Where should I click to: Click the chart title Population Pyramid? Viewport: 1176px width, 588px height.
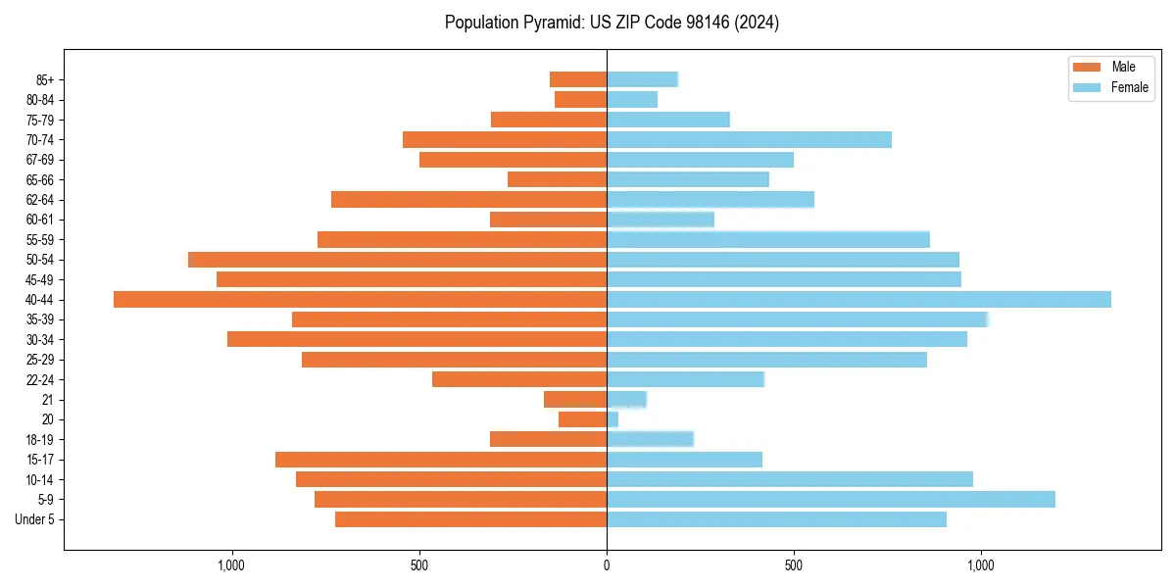tap(612, 23)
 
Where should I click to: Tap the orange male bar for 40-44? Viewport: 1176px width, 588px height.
tap(360, 299)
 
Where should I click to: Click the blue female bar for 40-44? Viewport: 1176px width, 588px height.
tap(858, 299)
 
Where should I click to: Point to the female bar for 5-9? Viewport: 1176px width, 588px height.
tap(830, 499)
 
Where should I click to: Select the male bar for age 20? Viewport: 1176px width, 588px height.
tap(582, 419)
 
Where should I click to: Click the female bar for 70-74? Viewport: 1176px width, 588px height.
tap(749, 139)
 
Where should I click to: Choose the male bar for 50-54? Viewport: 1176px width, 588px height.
tap(397, 260)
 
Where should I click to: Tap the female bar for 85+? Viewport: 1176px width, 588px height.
tap(642, 79)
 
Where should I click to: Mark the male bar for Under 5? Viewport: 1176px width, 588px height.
tap(470, 519)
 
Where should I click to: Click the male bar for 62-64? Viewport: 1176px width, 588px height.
tap(468, 199)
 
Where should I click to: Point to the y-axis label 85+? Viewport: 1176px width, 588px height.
tap(44, 79)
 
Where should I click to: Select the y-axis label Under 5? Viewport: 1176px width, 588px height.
tap(35, 519)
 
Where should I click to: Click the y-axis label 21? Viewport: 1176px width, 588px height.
tap(48, 400)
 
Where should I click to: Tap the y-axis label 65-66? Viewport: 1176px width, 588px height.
tap(39, 179)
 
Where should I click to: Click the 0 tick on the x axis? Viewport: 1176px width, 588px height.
tap(607, 565)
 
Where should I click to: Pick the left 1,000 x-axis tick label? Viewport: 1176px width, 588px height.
tap(231, 565)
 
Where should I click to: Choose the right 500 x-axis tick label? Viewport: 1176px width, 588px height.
tap(794, 565)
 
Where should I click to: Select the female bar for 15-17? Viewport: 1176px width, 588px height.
tap(684, 460)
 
